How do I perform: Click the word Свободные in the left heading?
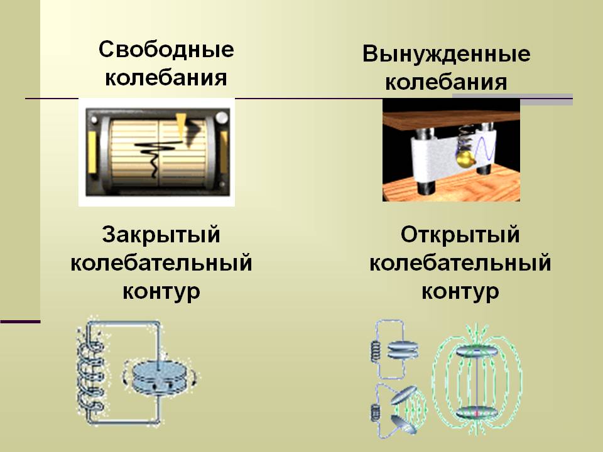166,50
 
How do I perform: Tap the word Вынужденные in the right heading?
446,55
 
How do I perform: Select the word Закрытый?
161,235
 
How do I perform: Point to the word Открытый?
460,236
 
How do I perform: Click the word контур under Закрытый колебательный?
161,291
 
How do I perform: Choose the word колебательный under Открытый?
460,264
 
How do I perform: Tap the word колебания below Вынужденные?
446,83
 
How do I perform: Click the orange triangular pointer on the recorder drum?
182,125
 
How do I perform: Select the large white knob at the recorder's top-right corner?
222,117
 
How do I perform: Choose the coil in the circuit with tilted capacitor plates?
376,413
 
